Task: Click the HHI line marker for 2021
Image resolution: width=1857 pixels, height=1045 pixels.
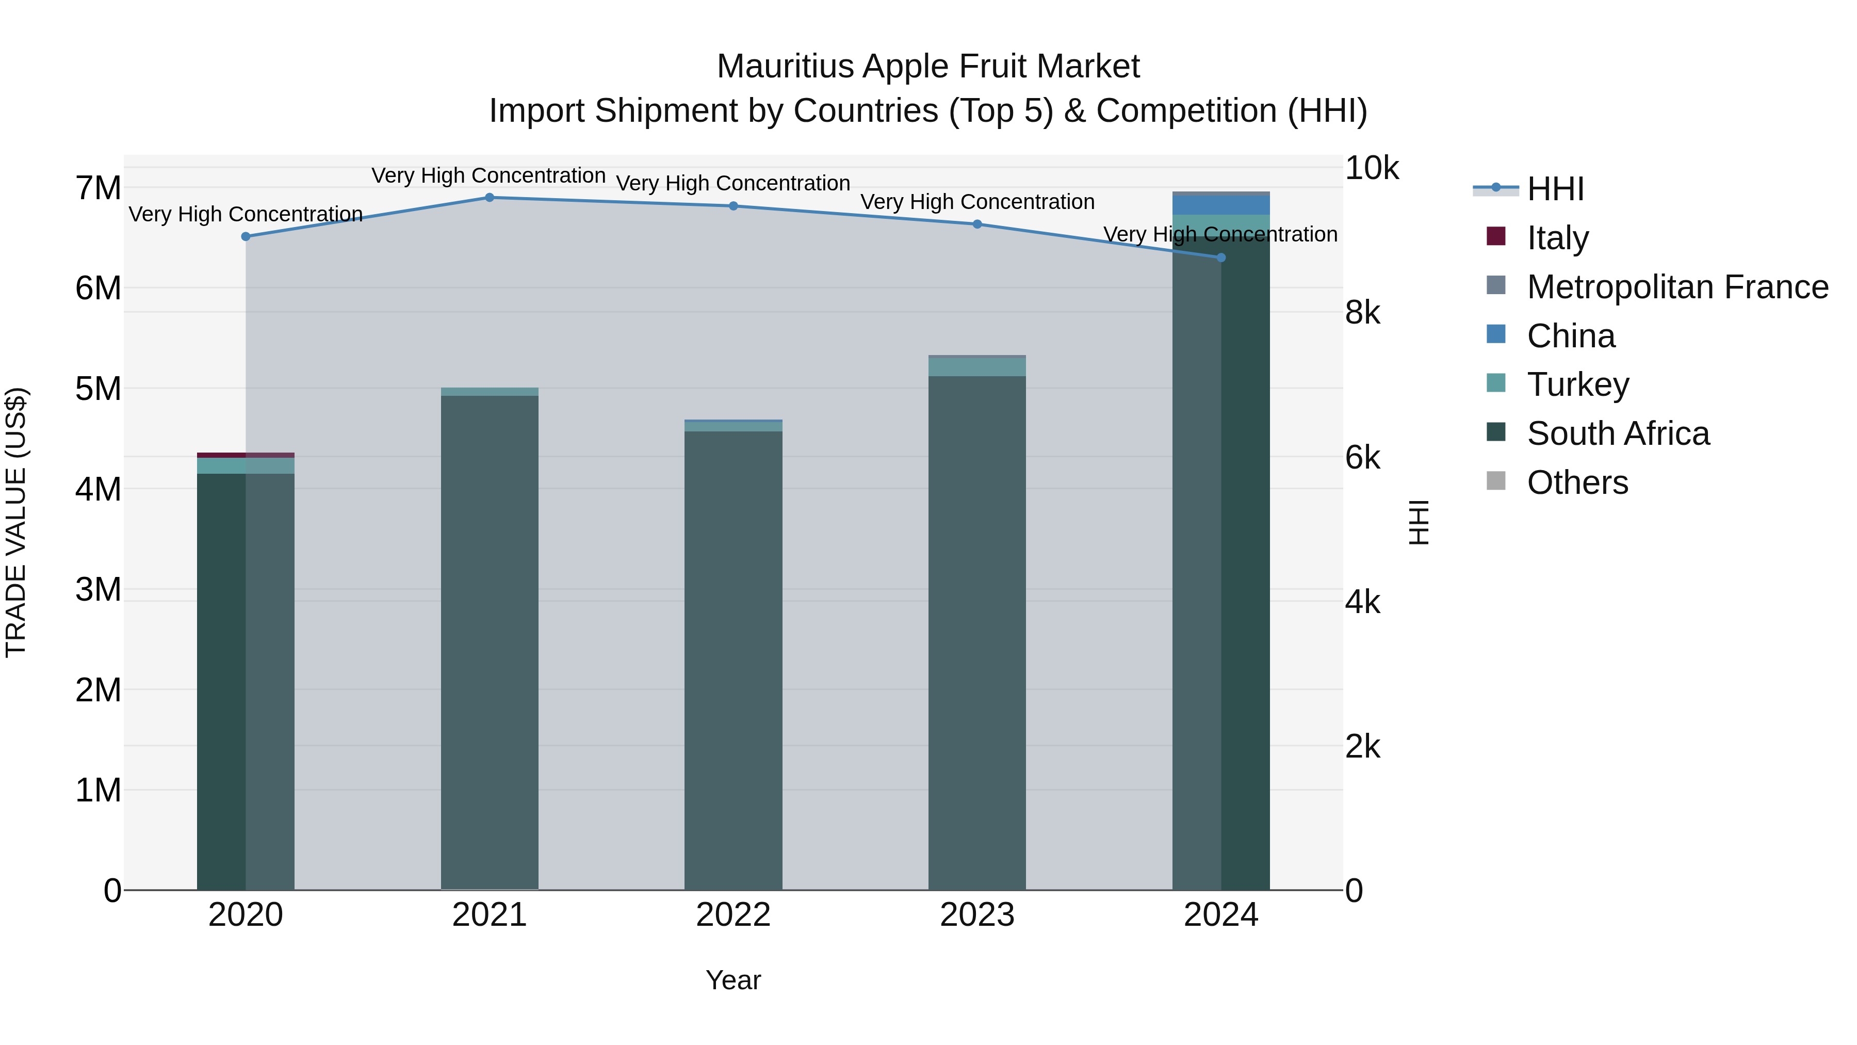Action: pyautogui.click(x=490, y=198)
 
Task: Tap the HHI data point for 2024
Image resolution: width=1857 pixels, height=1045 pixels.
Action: pyautogui.click(x=1221, y=258)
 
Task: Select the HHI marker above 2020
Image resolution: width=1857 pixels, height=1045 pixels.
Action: pyautogui.click(x=246, y=236)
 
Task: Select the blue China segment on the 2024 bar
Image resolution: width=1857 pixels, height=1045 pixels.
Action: pyautogui.click(x=1221, y=205)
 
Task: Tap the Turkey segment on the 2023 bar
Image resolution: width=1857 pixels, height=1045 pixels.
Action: pyautogui.click(x=977, y=367)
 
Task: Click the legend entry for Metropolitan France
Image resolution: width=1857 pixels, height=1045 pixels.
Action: pyautogui.click(x=1677, y=287)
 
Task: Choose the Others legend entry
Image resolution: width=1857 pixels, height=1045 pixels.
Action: pyautogui.click(x=1577, y=483)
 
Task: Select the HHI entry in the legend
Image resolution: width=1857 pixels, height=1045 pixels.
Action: pyautogui.click(x=1555, y=189)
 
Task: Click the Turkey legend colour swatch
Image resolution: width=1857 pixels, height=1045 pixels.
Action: pyautogui.click(x=1496, y=383)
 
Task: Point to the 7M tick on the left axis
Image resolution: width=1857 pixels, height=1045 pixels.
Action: pyautogui.click(x=98, y=188)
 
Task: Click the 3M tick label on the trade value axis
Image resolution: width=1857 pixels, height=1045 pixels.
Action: pyautogui.click(x=98, y=590)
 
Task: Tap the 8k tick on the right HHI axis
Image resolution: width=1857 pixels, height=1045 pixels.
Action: pyautogui.click(x=1362, y=313)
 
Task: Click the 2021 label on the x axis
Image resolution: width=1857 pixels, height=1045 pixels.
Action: pyautogui.click(x=490, y=915)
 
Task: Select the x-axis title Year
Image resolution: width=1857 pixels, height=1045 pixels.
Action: pyautogui.click(x=733, y=980)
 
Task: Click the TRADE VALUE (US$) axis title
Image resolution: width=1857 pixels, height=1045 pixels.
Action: pyautogui.click(x=16, y=522)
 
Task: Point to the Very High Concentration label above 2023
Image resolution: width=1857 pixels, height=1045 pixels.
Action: pyautogui.click(x=977, y=202)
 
